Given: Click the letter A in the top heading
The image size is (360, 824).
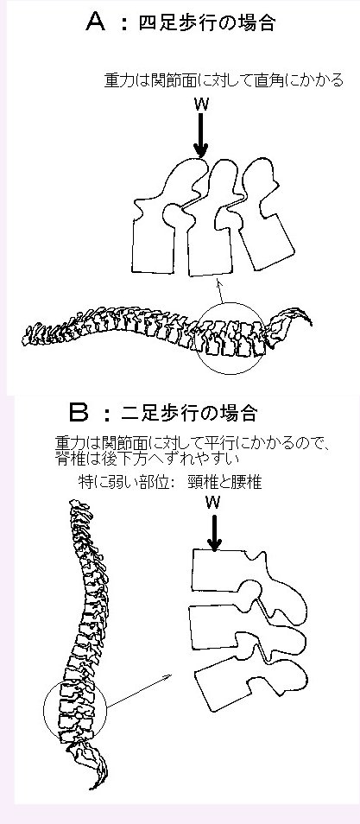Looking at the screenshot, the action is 96,22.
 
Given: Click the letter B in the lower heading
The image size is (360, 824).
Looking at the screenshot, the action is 79,413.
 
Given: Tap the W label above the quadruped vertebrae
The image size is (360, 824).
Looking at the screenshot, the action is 201,104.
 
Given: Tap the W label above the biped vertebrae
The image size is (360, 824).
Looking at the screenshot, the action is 213,503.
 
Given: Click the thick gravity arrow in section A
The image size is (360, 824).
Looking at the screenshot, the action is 201,135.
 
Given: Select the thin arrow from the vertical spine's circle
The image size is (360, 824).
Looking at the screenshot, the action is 139,690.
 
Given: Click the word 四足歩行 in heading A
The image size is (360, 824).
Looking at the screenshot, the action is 174,23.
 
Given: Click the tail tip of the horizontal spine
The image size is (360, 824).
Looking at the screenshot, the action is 311,322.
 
